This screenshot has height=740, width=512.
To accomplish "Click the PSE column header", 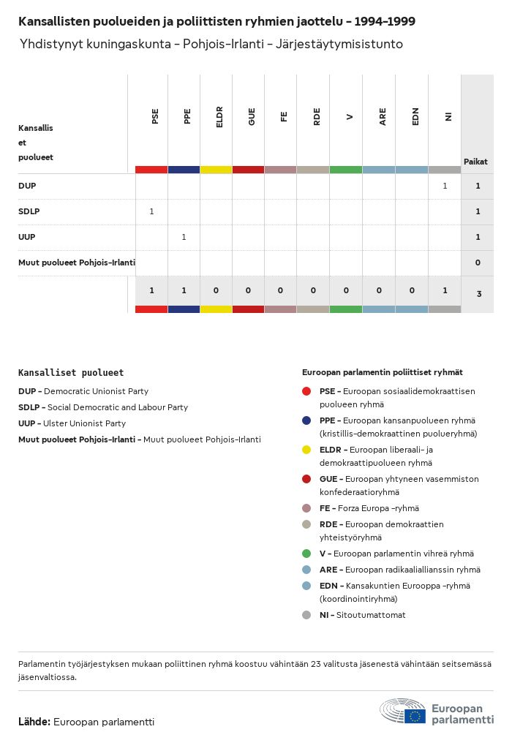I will coord(154,117).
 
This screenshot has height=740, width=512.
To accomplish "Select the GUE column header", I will coord(252,117).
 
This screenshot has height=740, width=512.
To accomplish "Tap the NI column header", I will coord(448,117).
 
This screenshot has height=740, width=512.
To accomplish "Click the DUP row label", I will coord(27,186).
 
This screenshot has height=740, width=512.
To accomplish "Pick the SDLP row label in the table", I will coord(29,211).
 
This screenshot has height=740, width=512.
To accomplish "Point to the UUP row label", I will coord(27,237).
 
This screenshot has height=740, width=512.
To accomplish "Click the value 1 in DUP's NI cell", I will coord(445,186).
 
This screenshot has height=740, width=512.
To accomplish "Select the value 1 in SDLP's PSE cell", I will coord(151,211).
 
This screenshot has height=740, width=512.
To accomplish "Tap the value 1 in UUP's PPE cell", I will coord(184,237).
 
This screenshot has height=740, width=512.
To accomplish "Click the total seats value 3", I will coord(478,294).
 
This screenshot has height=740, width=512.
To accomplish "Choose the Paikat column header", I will coord(475,162).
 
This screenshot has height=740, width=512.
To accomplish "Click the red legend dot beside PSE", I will coord(306,391).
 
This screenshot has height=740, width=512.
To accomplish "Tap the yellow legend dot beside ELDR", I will coord(306,450).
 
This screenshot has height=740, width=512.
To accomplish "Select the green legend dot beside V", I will coord(306,554).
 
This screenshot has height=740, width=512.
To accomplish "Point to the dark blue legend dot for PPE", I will coord(306,420).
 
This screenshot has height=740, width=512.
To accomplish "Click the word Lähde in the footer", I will coord(34,722).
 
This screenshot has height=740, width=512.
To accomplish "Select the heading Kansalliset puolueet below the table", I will coord(71,372).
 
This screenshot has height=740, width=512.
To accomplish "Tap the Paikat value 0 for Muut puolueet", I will coord(478,263).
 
